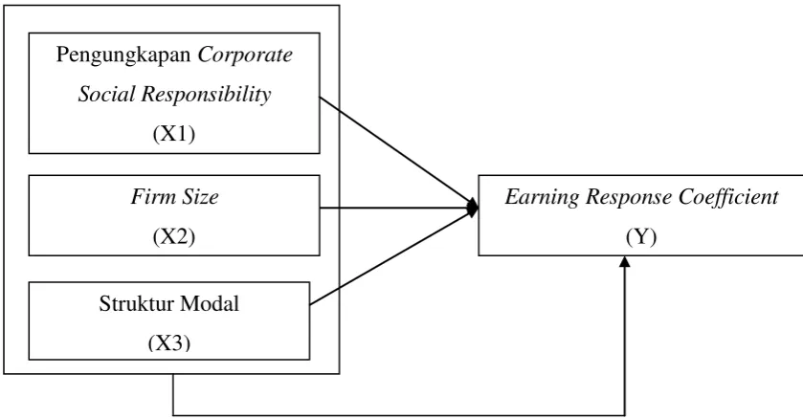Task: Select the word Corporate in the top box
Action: [245, 55]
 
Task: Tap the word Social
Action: [106, 94]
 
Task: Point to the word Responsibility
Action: [207, 95]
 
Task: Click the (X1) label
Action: [174, 134]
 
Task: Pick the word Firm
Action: [145, 196]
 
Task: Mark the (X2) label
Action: [174, 236]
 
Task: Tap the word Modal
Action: [210, 304]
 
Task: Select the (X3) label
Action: [169, 343]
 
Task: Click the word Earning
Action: [542, 197]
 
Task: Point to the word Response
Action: [629, 197]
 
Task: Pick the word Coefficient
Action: [729, 197]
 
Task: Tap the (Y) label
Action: [641, 236]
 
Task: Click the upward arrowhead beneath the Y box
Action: [625, 261]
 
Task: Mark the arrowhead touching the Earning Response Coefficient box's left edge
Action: [473, 208]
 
